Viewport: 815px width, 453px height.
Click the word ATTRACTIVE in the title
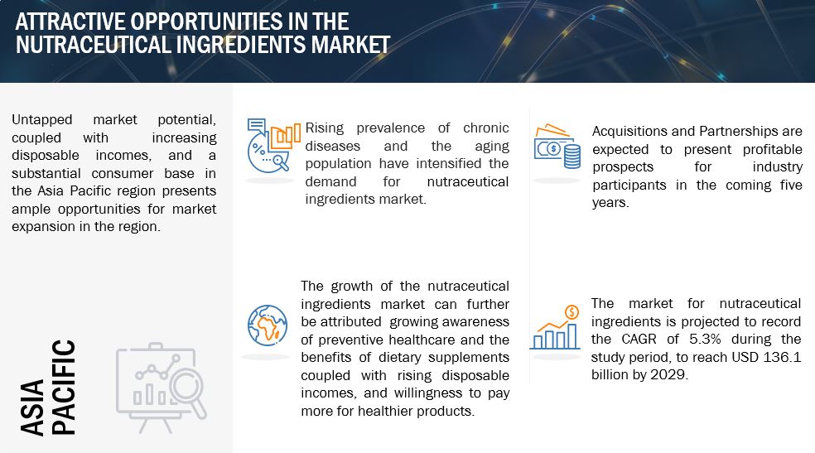70,22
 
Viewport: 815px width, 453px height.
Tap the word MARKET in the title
350,45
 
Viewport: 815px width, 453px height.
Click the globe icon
268,325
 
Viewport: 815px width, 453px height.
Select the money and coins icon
557,146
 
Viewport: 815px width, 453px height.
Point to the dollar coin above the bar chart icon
571,311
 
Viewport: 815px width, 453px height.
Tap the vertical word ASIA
32,407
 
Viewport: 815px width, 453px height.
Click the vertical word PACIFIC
64,387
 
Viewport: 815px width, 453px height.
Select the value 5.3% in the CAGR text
705,340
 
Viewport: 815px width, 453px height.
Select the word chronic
486,128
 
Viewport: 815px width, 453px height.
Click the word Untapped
42,120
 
